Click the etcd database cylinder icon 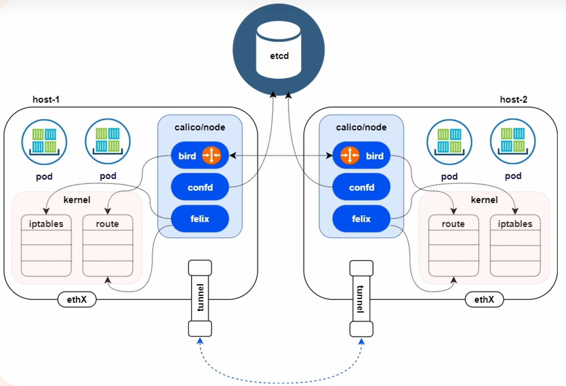tap(279, 49)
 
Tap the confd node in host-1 tap(199, 188)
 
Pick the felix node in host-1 tap(199, 219)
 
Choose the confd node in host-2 tap(361, 188)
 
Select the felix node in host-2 tap(361, 219)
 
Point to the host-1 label tap(46, 100)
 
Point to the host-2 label tap(513, 100)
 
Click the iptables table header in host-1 tap(46, 223)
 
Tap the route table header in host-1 tap(107, 223)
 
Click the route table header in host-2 tap(453, 224)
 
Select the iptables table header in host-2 tap(515, 224)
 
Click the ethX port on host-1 tap(77, 300)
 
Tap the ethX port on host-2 tap(484, 300)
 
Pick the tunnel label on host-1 tap(200, 298)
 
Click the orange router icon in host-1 tap(211, 155)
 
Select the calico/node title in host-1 tap(199, 127)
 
